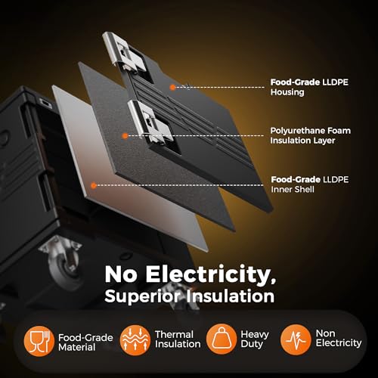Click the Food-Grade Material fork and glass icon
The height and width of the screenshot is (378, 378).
(x=39, y=341)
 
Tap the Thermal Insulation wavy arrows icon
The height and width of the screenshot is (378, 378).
(x=135, y=340)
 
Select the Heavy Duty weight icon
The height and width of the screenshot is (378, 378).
(x=222, y=339)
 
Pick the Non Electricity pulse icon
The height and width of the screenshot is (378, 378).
(x=296, y=339)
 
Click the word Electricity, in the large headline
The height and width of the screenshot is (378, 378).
(x=210, y=274)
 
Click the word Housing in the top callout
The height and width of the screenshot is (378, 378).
(x=287, y=92)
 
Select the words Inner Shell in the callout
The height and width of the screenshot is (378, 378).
(x=293, y=189)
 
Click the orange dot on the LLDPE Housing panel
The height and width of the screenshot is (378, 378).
(x=172, y=87)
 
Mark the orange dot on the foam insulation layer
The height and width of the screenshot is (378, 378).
(x=125, y=136)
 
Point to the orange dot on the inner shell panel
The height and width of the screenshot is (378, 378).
(x=94, y=185)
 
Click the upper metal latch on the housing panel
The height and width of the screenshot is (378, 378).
(x=124, y=52)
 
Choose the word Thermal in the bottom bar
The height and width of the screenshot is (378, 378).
(x=175, y=334)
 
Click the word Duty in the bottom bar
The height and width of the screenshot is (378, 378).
(x=252, y=344)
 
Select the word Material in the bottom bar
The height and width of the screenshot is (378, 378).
(x=77, y=347)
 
